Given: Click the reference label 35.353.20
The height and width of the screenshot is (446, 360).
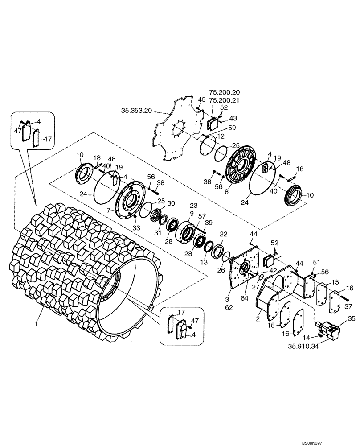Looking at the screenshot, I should point(135,108).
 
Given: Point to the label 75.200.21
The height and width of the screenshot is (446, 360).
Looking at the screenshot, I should point(225,100).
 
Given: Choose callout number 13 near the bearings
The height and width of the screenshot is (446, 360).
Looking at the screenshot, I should point(203,263).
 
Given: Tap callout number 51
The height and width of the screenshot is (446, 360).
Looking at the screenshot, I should point(317,262).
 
